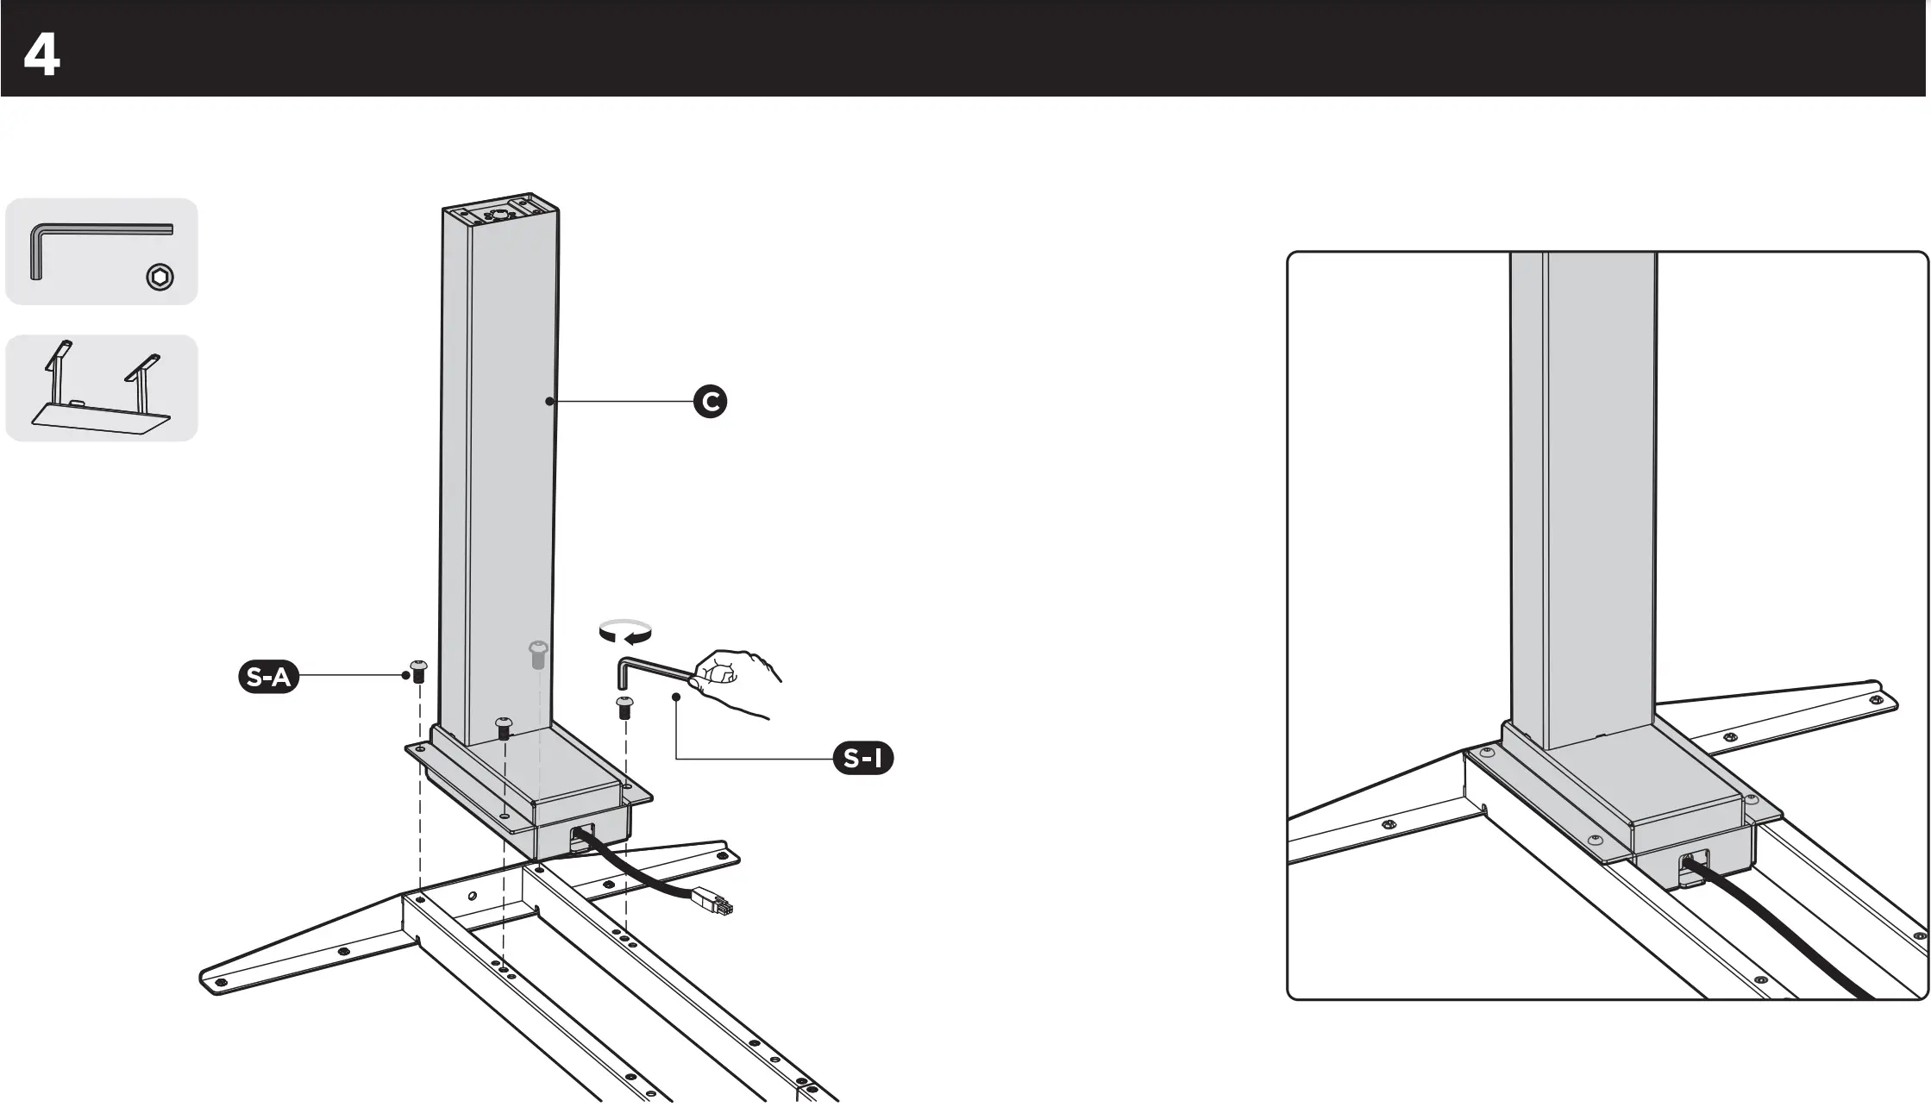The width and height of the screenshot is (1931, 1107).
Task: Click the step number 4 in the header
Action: (x=41, y=57)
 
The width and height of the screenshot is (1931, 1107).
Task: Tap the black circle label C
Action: (x=711, y=402)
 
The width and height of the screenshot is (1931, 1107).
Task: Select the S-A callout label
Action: (x=268, y=678)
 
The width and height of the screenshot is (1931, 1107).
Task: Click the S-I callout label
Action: (x=862, y=759)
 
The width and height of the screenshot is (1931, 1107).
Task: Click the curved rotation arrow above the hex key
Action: (x=626, y=632)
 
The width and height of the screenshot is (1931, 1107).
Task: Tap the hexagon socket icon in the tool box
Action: (x=160, y=277)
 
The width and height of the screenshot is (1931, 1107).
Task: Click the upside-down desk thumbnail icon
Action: (x=102, y=389)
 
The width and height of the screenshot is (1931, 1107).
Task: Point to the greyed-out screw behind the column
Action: (x=537, y=654)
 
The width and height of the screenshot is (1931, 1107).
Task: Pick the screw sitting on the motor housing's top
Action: (x=503, y=728)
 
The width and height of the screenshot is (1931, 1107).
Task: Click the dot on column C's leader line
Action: (x=549, y=401)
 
